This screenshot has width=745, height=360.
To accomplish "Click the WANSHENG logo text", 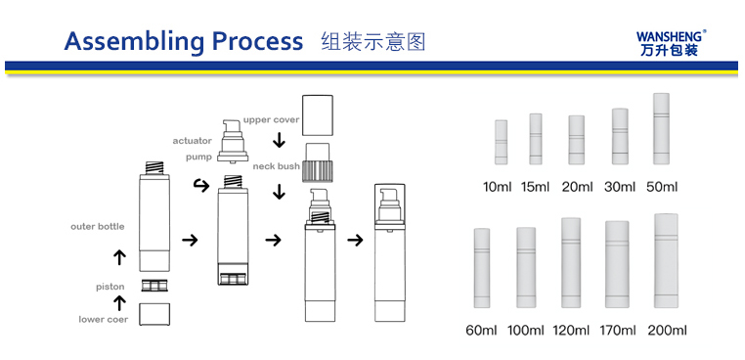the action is point(669,36).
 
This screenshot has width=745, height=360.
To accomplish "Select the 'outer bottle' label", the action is point(98,226).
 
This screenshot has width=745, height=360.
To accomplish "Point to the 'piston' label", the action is point(110,287).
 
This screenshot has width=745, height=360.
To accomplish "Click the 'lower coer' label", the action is point(103,320).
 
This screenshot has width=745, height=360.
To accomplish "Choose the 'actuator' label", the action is point(192,141).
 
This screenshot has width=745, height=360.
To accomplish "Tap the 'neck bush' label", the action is point(276,166).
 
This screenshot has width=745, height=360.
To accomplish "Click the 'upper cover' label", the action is point(271,119).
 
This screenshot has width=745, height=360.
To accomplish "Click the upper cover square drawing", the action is point(318,115).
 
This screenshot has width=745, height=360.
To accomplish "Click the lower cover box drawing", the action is point(154,314).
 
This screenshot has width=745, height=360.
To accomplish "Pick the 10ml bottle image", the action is point(501,142).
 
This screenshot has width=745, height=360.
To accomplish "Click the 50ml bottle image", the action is point(661,129).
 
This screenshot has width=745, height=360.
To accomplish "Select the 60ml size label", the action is point(481,330).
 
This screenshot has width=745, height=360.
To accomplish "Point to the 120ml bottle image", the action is point(571,263).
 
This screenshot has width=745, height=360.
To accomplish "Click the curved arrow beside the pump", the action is point(202,186).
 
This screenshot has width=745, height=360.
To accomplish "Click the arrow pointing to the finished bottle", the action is point(355,240).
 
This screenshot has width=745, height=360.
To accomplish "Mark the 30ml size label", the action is point(620,187).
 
